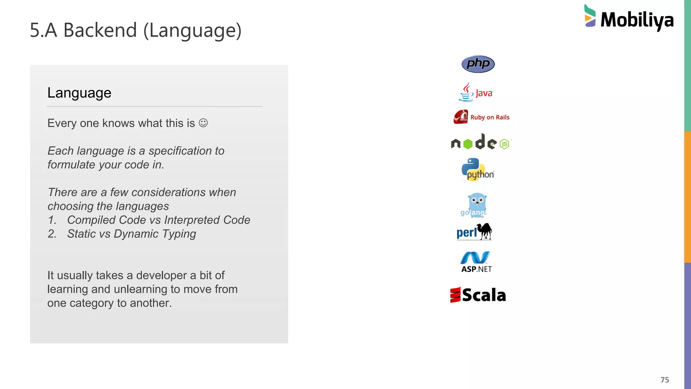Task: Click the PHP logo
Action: tap(478, 64)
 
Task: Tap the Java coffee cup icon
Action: tap(466, 93)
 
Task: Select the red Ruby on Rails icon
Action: tap(461, 117)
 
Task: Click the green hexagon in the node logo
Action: tap(468, 144)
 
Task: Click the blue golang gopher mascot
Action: tap(477, 204)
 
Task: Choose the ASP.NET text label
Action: tap(476, 269)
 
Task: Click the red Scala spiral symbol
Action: tap(455, 295)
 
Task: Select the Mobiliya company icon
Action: tap(590, 16)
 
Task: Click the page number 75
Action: tap(665, 380)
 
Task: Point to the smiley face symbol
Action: tap(203, 123)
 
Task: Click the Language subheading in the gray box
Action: tap(79, 93)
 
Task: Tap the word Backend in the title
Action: tap(100, 30)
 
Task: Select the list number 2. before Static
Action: tap(52, 234)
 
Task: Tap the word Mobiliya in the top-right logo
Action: tap(637, 20)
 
